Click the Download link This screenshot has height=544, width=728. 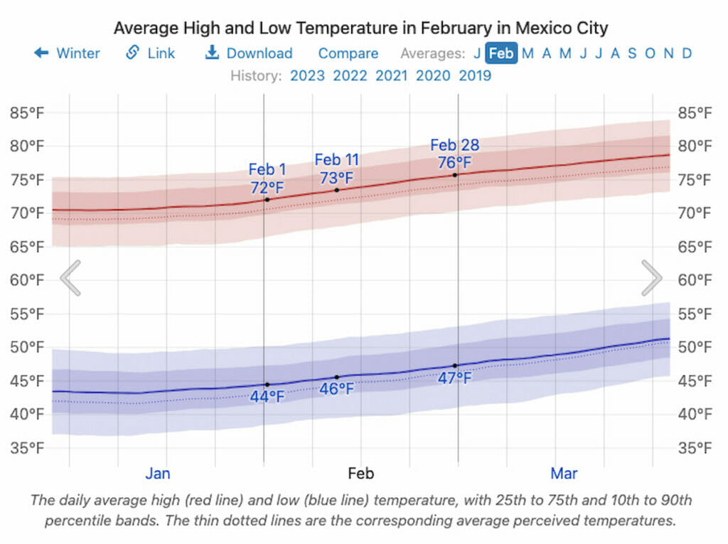pyautogui.click(x=249, y=53)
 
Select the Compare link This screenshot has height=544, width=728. pyautogui.click(x=348, y=53)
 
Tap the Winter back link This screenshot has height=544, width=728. pyautogui.click(x=68, y=53)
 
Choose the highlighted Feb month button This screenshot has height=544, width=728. pyautogui.click(x=501, y=53)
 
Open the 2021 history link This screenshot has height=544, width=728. pyautogui.click(x=392, y=75)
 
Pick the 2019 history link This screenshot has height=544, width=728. pyautogui.click(x=475, y=75)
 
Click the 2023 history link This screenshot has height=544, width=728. pyautogui.click(x=308, y=75)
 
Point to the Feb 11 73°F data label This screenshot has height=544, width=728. pyautogui.click(x=337, y=169)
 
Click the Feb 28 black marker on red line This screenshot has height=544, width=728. pyautogui.click(x=455, y=175)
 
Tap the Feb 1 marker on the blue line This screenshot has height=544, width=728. pyautogui.click(x=267, y=385)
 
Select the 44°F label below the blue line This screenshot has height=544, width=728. pyautogui.click(x=267, y=397)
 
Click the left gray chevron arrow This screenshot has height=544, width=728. pyautogui.click(x=70, y=278)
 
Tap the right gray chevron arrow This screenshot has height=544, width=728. pyautogui.click(x=652, y=278)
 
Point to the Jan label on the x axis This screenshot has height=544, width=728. pyautogui.click(x=158, y=474)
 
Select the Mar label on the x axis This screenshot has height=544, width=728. pyautogui.click(x=564, y=474)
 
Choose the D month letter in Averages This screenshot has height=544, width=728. pyautogui.click(x=687, y=53)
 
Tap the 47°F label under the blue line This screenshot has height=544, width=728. pyautogui.click(x=455, y=378)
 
